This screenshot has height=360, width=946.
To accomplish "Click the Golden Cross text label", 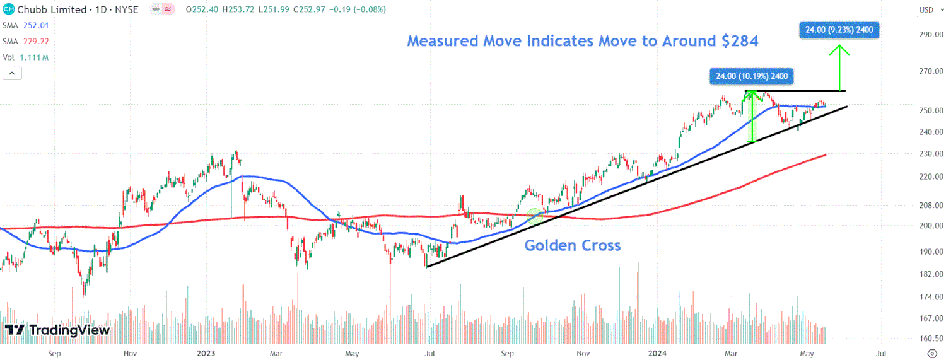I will (x=573, y=246).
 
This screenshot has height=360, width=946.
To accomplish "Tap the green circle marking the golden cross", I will (x=535, y=216).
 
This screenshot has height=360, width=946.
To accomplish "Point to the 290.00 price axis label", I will (x=930, y=34).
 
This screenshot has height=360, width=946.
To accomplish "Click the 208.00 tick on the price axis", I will (x=930, y=206).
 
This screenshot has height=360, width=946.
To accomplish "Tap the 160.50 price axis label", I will (x=930, y=339).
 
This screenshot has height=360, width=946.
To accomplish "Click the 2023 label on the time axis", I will (x=207, y=353).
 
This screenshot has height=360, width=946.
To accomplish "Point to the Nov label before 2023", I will (x=130, y=353).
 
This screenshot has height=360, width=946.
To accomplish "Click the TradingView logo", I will (x=57, y=330).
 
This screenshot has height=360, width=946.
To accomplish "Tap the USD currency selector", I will (x=926, y=10).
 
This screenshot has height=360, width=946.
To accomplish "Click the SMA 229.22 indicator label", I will (x=26, y=41).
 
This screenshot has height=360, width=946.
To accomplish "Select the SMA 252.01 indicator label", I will (x=26, y=25).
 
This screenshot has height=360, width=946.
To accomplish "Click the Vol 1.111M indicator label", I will (x=25, y=57).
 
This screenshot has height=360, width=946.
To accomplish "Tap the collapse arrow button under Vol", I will (x=13, y=74).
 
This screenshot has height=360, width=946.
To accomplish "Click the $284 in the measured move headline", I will (x=740, y=42).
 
